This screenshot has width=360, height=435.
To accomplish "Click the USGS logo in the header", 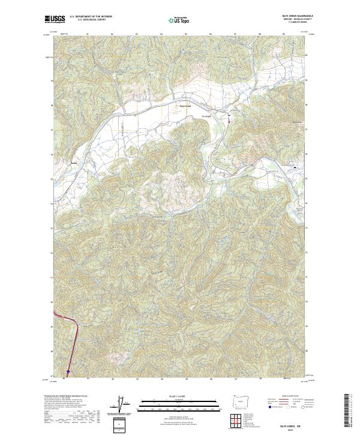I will [x=54, y=19].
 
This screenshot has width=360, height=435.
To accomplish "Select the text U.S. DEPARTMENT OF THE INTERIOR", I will [x=91, y=16].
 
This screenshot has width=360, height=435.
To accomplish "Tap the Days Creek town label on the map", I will [x=185, y=107].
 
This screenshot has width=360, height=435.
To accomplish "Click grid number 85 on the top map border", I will [x=187, y=34].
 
